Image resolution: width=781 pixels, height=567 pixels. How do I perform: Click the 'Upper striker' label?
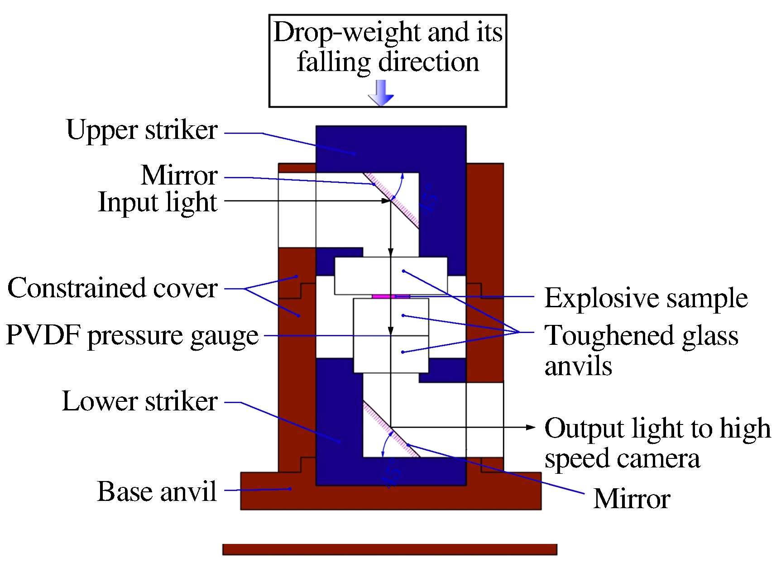coord(142,130)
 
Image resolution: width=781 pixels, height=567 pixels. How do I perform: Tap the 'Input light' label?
coord(158,202)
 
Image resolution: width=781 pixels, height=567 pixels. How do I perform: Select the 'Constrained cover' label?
coord(112,288)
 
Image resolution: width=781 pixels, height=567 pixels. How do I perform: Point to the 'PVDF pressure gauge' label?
coord(132,336)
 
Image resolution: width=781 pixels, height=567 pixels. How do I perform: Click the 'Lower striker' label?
coord(139,401)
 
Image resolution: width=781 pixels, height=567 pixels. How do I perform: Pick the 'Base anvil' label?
coord(157,491)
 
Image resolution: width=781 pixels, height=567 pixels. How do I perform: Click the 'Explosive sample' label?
coord(646,298)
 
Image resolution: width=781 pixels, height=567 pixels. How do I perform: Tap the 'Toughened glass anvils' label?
coord(641,350)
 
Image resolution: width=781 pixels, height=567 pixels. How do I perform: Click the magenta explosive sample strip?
coord(391,296)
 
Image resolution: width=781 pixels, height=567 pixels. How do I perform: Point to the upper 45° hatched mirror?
coord(392,200)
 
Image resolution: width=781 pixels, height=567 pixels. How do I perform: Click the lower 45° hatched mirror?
coord(391,429)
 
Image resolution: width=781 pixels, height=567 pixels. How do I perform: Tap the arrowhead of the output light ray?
coord(531,427)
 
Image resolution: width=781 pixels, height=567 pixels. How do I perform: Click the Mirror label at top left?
coord(179,175)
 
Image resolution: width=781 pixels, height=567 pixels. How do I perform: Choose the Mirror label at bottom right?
coord(632,499)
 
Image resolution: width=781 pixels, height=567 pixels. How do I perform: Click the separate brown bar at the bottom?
coord(390,549)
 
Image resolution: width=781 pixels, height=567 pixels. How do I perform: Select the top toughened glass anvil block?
coord(391,275)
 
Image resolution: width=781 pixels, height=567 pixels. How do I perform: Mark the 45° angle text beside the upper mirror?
coord(428,198)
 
